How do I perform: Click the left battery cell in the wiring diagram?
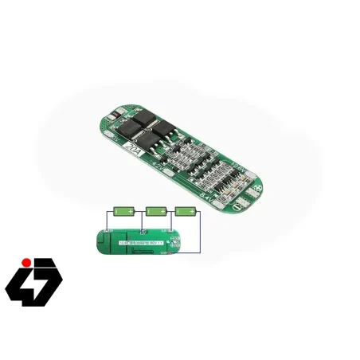125,212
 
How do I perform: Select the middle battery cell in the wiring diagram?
155,212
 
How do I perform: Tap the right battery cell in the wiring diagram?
186,212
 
